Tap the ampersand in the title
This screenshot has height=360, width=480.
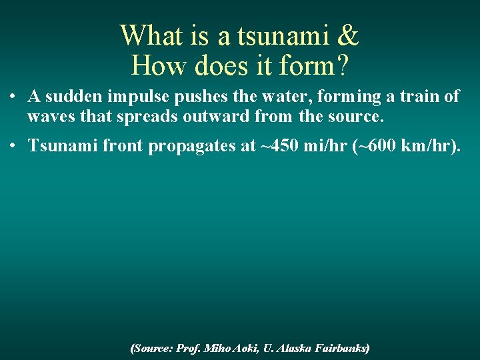349,35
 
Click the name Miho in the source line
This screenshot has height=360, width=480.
217,348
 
